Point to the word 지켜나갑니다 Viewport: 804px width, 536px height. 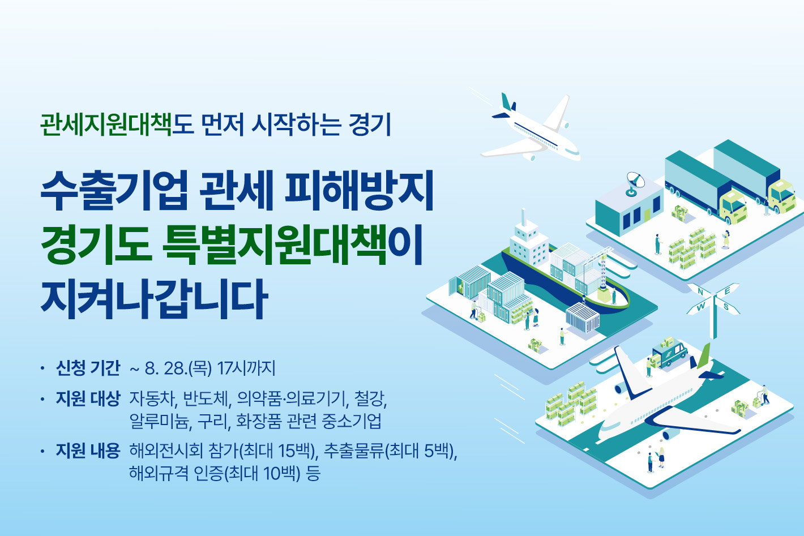(x=155, y=299)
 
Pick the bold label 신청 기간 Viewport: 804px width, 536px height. (x=88, y=368)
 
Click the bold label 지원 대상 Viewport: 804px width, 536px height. (x=88, y=398)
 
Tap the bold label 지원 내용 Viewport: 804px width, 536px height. (x=88, y=451)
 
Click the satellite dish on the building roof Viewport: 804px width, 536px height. (x=635, y=183)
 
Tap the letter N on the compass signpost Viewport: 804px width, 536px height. (x=700, y=292)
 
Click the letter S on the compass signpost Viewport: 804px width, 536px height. (x=726, y=307)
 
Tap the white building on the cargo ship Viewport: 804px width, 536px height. (x=528, y=242)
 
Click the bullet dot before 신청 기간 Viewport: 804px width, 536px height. (x=43, y=368)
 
